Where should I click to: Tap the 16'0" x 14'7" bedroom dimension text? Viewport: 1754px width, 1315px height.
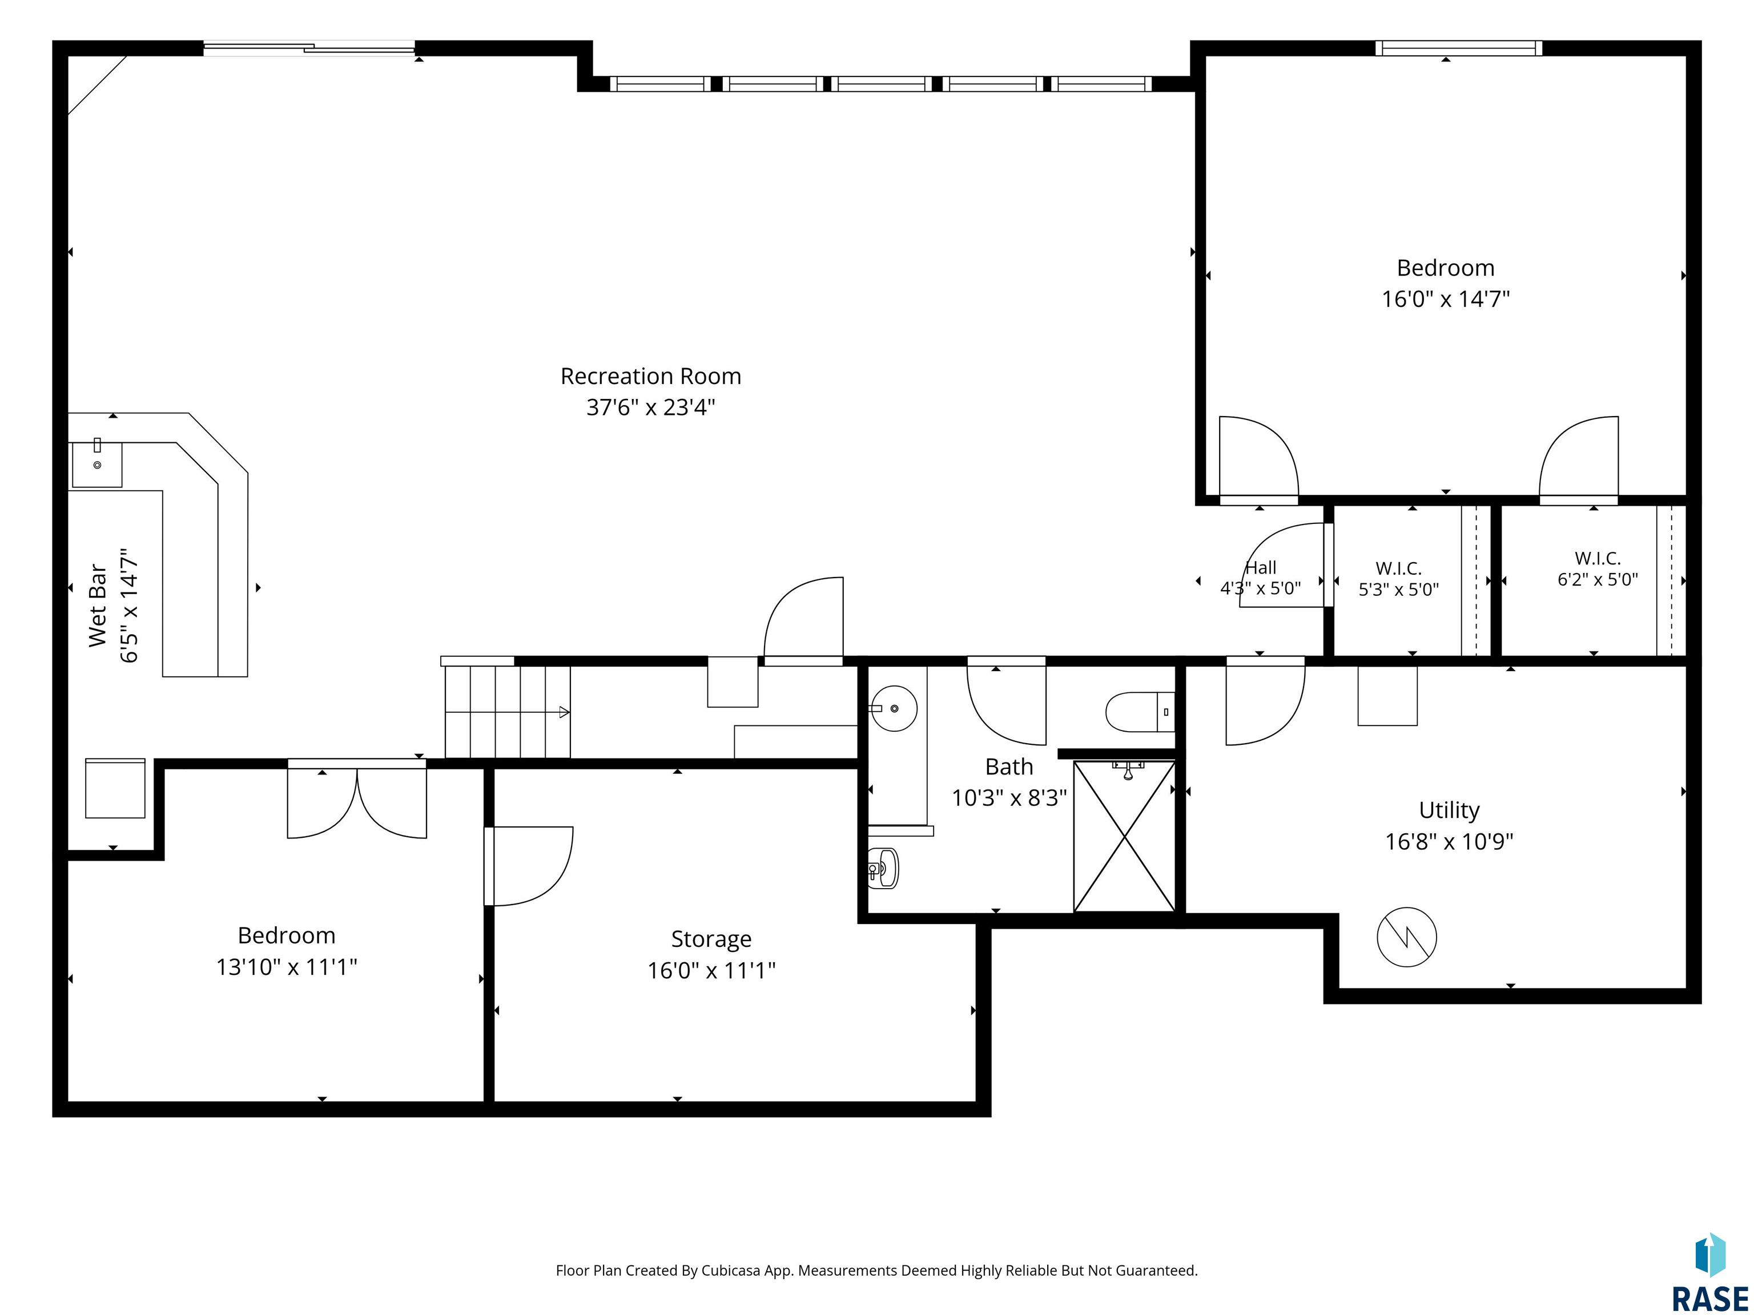(x=1446, y=299)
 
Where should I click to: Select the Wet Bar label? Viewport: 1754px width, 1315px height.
(x=96, y=606)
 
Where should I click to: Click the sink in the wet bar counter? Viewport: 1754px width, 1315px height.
(x=96, y=465)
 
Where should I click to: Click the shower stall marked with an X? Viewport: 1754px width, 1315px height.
(x=1124, y=836)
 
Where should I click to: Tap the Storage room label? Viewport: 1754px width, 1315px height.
(x=711, y=939)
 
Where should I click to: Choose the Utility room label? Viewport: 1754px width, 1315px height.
(x=1449, y=810)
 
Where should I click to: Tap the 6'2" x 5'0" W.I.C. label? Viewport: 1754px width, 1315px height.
(x=1597, y=568)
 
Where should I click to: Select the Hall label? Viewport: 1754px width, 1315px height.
(x=1260, y=567)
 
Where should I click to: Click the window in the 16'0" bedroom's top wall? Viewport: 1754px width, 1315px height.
(x=1458, y=49)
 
